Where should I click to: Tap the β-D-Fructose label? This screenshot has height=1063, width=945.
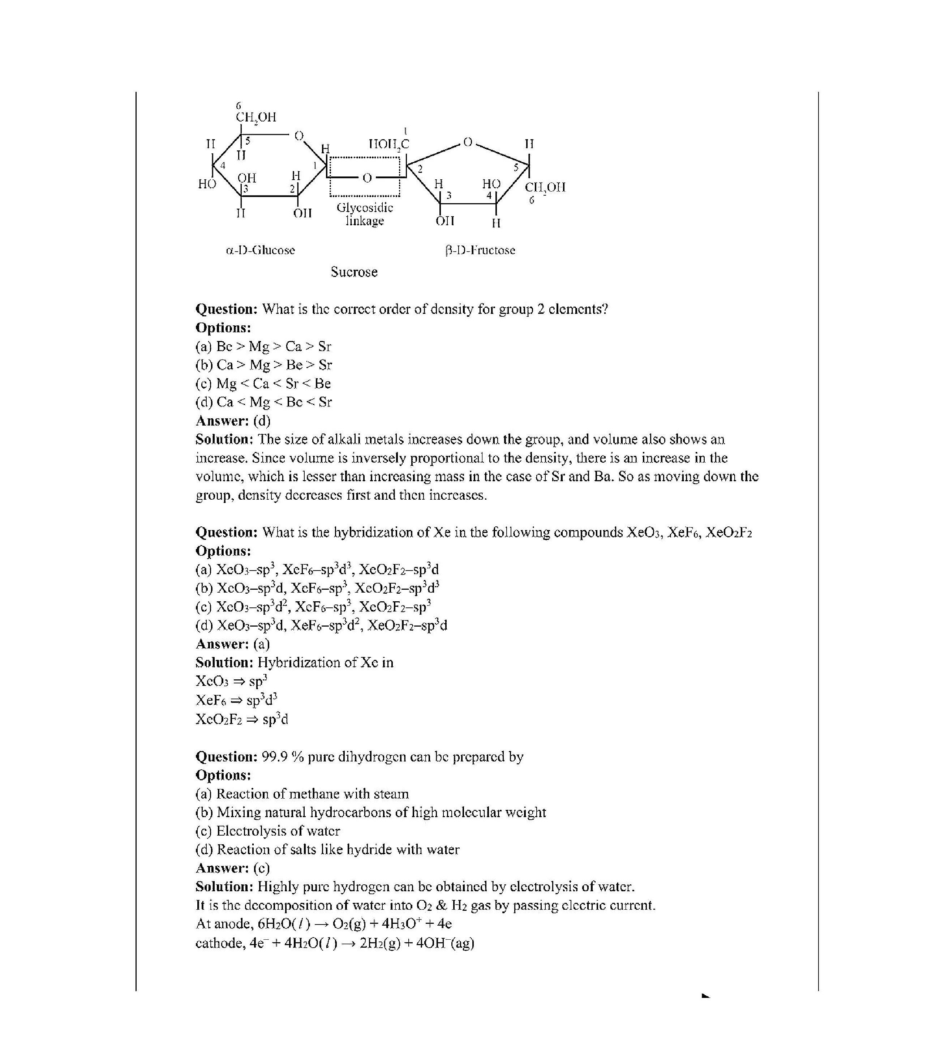[480, 250]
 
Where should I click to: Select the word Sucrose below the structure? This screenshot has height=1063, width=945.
[354, 272]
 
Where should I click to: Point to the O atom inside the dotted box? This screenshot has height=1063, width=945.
[367, 178]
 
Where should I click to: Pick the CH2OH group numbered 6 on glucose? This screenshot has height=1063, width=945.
[256, 118]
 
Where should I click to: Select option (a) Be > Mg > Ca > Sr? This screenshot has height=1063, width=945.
[263, 346]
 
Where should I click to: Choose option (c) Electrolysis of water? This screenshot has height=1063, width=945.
[268, 831]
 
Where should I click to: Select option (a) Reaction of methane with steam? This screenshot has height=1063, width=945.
[302, 794]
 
